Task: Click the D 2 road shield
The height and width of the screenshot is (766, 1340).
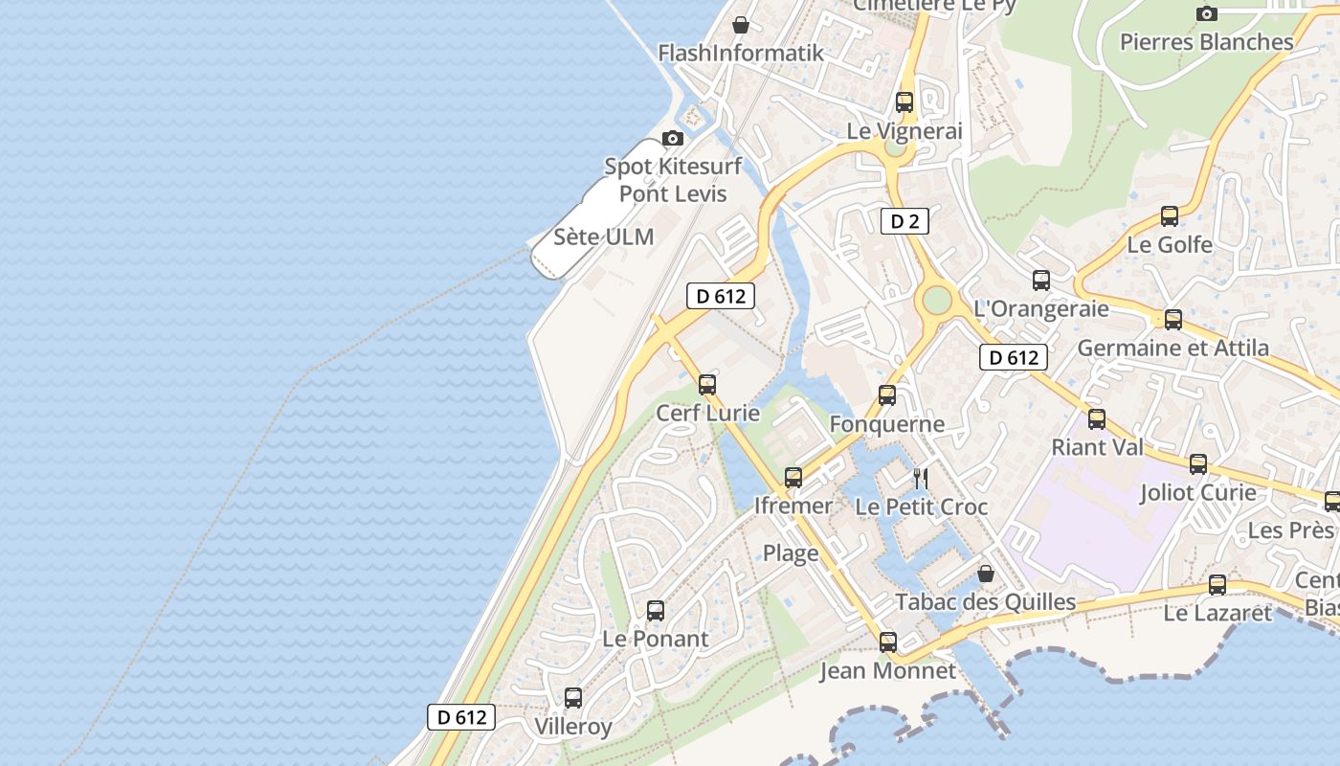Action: point(904,222)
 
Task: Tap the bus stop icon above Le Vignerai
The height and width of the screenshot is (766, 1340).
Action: point(904,101)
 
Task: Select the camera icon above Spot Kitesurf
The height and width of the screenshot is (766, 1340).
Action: point(673,138)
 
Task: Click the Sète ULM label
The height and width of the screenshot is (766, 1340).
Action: point(604,237)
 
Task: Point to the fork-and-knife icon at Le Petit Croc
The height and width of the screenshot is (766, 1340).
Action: point(921,478)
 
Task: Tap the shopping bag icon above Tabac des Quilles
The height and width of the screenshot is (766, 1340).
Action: point(985,574)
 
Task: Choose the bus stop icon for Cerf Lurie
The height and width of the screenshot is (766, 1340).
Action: point(707,385)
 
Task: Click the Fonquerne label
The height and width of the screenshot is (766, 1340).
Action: point(887,424)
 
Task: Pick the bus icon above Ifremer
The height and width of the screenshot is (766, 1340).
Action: point(793,477)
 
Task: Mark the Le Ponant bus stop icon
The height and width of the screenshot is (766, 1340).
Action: point(656,611)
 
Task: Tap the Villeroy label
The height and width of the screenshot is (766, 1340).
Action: point(573,727)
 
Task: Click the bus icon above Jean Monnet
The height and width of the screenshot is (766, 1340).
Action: point(888,642)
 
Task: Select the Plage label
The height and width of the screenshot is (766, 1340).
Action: point(791,552)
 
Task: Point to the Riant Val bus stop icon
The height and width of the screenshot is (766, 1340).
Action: point(1097,419)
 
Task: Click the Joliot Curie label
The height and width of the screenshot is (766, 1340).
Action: point(1197,493)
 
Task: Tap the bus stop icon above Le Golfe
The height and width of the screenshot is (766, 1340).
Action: point(1170,216)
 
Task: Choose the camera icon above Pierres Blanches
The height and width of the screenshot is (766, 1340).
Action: point(1207,13)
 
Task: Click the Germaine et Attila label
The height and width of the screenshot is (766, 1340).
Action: point(1173,348)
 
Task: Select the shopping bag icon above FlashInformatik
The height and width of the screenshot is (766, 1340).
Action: point(740,25)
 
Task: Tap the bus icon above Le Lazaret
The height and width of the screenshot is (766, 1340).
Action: point(1217,585)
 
